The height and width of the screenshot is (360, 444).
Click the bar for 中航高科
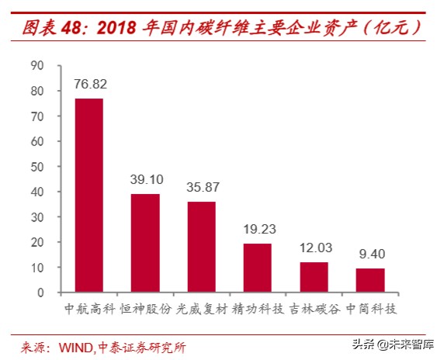point(88,196)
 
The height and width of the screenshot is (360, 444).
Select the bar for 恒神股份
point(145,243)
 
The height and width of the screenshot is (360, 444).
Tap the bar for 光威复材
point(201,247)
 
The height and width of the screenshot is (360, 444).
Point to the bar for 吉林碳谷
point(314,277)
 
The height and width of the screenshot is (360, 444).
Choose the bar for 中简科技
point(370,280)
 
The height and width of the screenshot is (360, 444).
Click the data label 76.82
point(88,84)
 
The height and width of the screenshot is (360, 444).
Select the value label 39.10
point(145,179)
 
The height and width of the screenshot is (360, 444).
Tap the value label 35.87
point(201,187)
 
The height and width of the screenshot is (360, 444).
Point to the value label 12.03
point(314,247)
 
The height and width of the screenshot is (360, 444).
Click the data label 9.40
point(370,254)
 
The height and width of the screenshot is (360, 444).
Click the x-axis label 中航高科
point(88,309)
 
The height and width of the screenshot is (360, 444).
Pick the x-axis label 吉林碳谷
point(314,309)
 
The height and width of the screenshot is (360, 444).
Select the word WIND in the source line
point(77,346)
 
